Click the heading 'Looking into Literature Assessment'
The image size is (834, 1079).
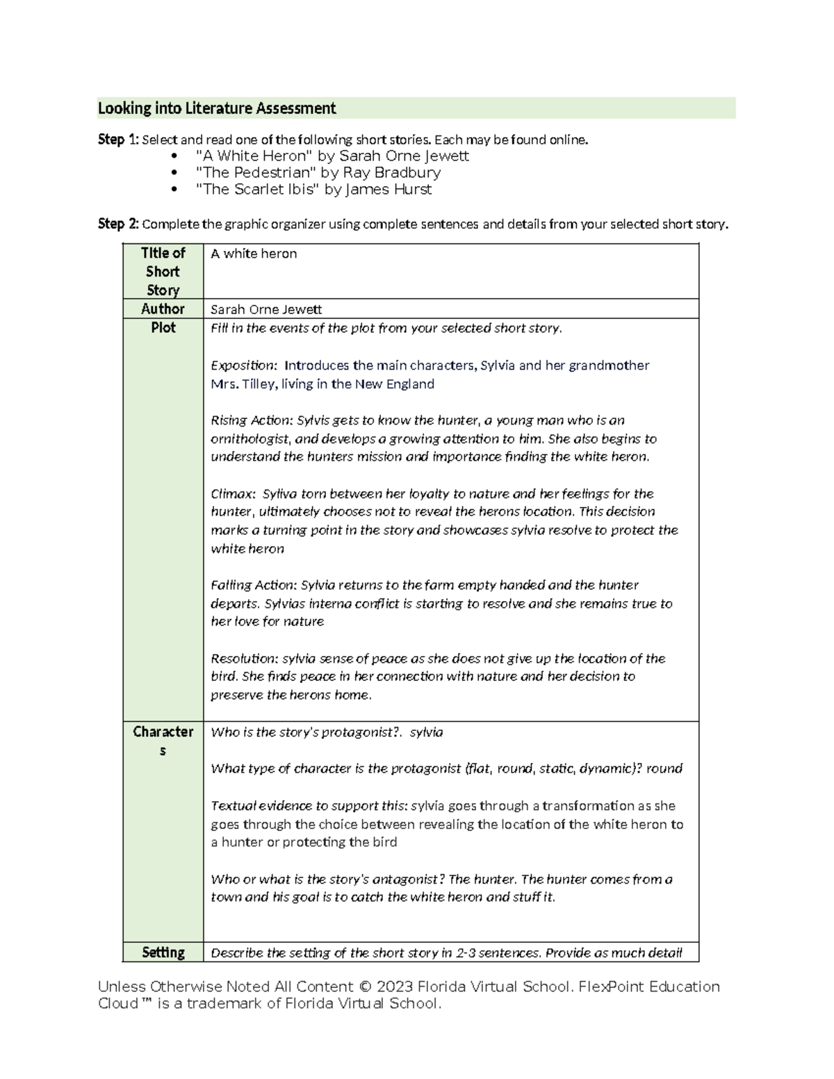pyautogui.click(x=217, y=108)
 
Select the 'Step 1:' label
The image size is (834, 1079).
pyautogui.click(x=118, y=140)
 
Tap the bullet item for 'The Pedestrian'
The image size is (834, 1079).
pyautogui.click(x=318, y=172)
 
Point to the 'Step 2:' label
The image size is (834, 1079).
pyautogui.click(x=118, y=224)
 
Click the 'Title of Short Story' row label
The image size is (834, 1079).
pyautogui.click(x=163, y=272)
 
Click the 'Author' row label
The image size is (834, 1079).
pyautogui.click(x=163, y=308)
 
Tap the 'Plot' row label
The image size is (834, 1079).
pyautogui.click(x=163, y=327)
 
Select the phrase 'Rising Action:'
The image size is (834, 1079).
pyautogui.click(x=252, y=420)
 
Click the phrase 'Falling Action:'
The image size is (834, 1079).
pyautogui.click(x=254, y=585)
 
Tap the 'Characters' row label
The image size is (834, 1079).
pyautogui.click(x=163, y=741)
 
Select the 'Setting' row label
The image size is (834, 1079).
pyautogui.click(x=163, y=953)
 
